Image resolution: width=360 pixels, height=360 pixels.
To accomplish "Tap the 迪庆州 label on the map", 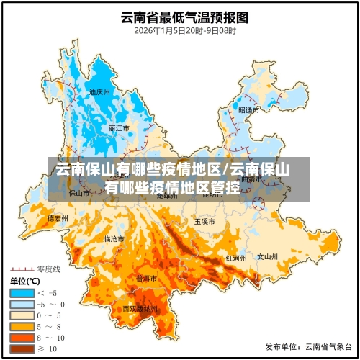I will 99,92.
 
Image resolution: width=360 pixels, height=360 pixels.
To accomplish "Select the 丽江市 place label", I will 119,128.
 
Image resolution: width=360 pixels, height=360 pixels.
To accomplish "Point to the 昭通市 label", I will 248,110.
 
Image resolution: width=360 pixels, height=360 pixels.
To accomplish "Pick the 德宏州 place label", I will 58,217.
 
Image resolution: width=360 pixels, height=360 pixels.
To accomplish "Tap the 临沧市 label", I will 114,238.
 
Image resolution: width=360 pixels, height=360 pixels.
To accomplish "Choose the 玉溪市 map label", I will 204,221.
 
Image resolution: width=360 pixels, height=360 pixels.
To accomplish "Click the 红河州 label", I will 236,257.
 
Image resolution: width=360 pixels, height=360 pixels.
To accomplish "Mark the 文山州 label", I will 268,256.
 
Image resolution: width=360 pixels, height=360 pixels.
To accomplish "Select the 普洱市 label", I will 147,277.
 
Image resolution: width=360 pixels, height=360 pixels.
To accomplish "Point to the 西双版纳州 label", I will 140,308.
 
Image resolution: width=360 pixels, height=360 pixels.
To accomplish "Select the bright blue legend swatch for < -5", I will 22,293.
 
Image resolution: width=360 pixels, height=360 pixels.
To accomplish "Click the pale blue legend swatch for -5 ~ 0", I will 22,304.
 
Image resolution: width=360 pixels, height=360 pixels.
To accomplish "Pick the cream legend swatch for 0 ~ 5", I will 22,315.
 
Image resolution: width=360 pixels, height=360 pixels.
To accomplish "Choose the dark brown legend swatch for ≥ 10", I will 22,348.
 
